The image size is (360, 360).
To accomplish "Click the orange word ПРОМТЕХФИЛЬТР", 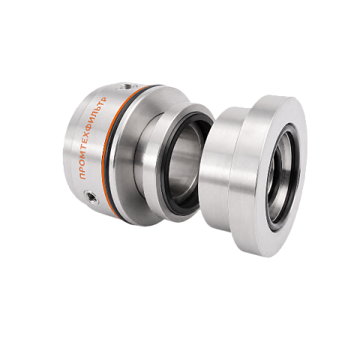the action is click(93, 138).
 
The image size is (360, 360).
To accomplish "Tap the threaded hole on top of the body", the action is click(124, 87).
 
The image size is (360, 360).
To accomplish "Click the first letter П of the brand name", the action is click(83, 176).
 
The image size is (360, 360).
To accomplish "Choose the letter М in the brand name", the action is click(88, 158).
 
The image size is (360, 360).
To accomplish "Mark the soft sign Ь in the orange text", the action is click(103, 106).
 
